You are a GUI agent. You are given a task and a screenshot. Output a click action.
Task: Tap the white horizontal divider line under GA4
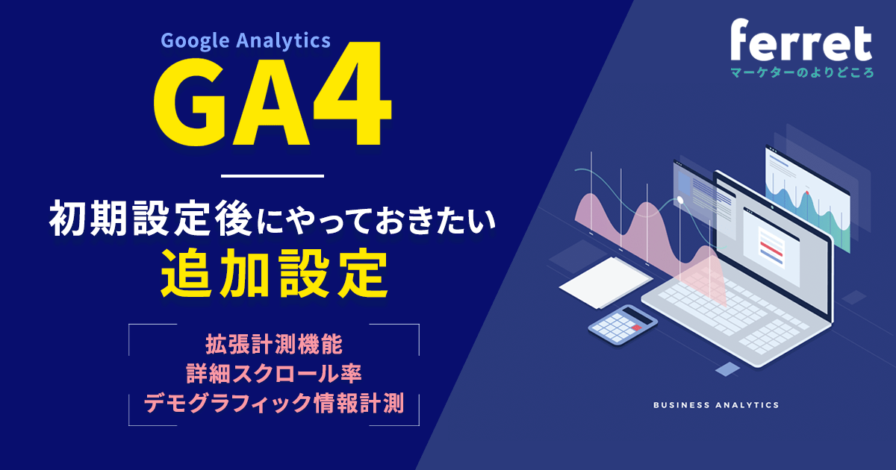(x=273, y=176)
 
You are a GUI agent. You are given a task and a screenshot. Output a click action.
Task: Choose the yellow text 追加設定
(x=273, y=274)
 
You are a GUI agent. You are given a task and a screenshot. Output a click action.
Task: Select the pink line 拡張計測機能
(x=273, y=345)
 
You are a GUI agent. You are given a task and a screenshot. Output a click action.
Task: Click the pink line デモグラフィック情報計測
(x=273, y=403)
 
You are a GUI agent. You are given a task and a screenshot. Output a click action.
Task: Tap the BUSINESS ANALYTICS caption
(x=715, y=405)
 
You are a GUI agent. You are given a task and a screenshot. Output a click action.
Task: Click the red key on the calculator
(x=636, y=327)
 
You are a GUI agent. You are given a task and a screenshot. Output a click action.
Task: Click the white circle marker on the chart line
(x=680, y=200)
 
